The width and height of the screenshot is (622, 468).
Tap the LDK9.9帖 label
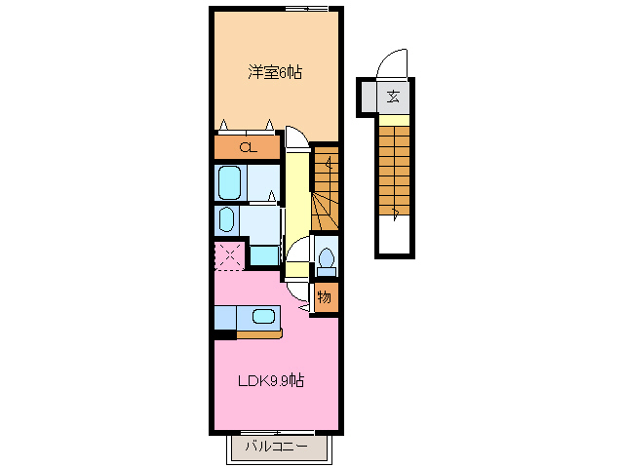click(272, 380)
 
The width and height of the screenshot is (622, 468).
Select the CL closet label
click(248, 148)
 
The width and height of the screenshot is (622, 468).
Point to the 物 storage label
click(325, 297)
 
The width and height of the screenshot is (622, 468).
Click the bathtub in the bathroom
click(229, 181)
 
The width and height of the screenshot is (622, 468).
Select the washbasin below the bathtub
click(226, 217)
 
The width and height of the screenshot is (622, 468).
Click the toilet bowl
click(326, 259)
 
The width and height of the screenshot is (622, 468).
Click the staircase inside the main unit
click(326, 190)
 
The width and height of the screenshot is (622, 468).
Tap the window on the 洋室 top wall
click(304, 10)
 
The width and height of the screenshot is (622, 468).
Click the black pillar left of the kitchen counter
click(224, 335)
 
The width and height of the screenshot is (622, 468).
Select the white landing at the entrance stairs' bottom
click(395, 236)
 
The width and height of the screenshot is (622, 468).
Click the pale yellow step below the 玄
click(395, 121)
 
